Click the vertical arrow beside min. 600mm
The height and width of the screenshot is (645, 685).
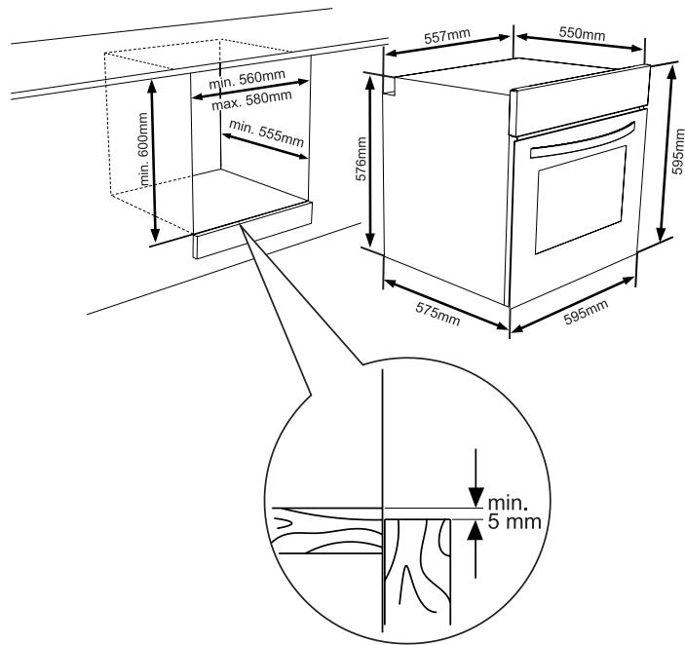click(x=154, y=161)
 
